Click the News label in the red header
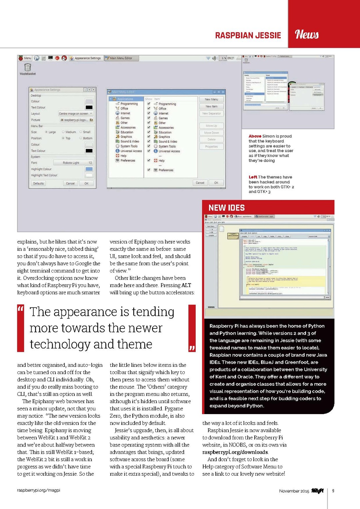coord(307,34)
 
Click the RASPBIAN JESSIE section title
coord(248,35)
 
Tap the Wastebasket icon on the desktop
coord(28,67)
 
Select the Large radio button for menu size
coord(47,132)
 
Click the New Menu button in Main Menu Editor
coord(211,99)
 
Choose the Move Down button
coord(211,133)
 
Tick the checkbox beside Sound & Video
coord(149,142)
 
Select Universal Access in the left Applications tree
coord(131,151)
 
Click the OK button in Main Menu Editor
coord(216,183)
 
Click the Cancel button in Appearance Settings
coord(70,184)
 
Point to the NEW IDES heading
coord(227,208)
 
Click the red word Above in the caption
coord(255,136)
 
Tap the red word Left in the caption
coord(253,177)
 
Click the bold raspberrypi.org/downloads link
coord(235,452)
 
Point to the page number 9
coord(333,491)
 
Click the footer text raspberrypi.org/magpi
coord(39,490)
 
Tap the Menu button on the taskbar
coord(25,58)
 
